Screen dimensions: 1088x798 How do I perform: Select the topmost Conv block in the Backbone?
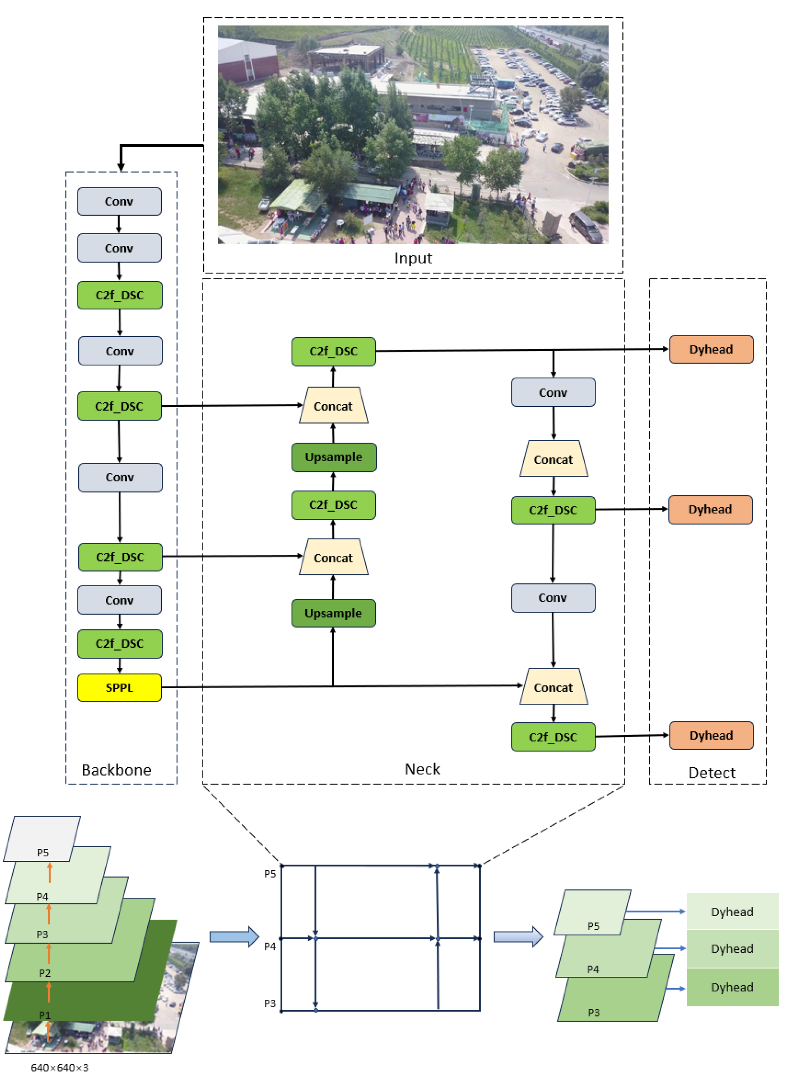click(119, 202)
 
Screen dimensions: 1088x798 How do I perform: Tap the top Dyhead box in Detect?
click(711, 349)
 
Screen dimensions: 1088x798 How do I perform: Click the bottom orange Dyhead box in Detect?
click(711, 735)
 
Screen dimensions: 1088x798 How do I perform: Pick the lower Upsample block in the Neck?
click(333, 613)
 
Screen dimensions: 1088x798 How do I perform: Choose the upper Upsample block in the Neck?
click(334, 457)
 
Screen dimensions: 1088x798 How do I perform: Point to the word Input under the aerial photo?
click(413, 258)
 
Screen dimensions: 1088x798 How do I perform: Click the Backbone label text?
click(116, 770)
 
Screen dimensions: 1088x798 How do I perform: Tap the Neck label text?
click(422, 769)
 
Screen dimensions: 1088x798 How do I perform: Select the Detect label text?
click(711, 773)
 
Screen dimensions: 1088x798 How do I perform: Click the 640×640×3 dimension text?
click(60, 1068)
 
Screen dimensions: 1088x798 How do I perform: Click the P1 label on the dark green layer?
click(44, 1014)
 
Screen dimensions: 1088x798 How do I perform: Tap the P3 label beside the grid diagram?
click(269, 1004)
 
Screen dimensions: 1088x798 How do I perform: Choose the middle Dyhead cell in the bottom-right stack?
click(732, 948)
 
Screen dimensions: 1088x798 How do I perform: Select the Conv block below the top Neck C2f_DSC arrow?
click(553, 392)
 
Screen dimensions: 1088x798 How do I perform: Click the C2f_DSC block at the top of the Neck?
click(333, 351)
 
